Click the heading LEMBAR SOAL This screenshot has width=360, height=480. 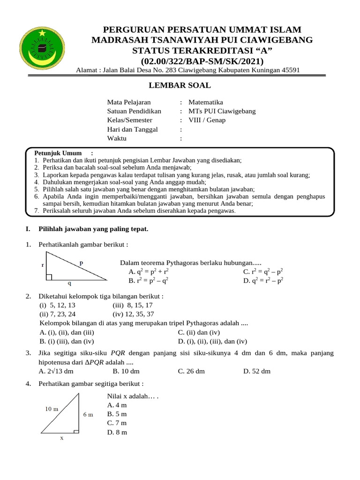coord(180,85)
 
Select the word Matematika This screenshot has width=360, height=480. coord(206,102)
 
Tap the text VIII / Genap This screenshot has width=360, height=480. coord(207,120)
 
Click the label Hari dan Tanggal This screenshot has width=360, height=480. coord(133,129)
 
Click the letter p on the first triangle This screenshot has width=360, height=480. coord(81,263)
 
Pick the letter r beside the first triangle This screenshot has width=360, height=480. coord(43,265)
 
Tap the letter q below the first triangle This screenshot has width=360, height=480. coord(70,283)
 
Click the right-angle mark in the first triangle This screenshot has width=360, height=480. coord(49,277)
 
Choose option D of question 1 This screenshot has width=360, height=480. coord(263,281)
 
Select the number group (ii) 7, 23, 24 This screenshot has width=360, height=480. coord(58,314)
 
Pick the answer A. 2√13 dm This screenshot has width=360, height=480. coord(57,371)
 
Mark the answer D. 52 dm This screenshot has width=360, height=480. coord(257,371)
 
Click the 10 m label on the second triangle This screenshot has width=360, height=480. coord(52,409)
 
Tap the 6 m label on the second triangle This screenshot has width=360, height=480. coord(89,414)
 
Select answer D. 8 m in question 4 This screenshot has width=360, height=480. coord(117,432)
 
